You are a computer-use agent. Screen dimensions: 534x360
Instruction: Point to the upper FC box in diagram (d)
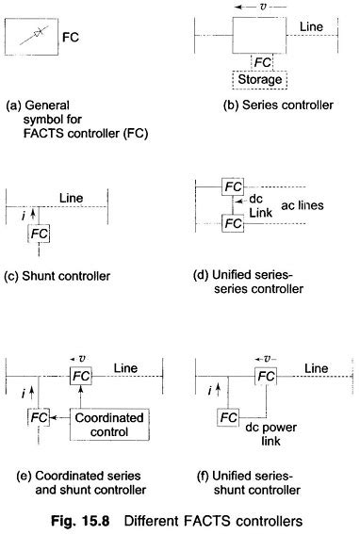coord(230,185)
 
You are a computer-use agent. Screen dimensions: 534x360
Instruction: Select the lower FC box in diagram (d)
coord(230,224)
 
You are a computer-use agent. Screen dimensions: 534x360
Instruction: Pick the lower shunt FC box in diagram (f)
coord(228,415)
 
